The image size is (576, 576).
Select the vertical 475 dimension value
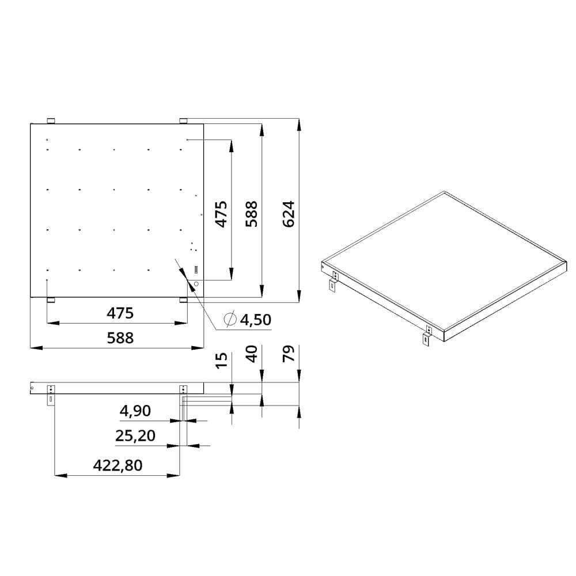tap(222, 213)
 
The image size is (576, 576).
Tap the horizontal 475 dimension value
tap(120, 313)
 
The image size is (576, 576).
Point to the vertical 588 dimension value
tap(252, 213)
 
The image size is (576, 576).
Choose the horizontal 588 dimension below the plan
tap(120, 338)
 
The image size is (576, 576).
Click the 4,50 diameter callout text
tap(256, 320)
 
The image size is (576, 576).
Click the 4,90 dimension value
tap(135, 411)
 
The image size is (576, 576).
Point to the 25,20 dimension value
tap(135, 436)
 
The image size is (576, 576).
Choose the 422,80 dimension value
tap(117, 465)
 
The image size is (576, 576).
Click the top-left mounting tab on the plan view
tap(51, 120)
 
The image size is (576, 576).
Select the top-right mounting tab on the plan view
tap(183, 120)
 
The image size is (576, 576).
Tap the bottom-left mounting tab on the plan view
tap(51, 300)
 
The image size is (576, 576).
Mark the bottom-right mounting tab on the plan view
tap(183, 300)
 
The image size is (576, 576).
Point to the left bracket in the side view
tap(51, 395)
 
